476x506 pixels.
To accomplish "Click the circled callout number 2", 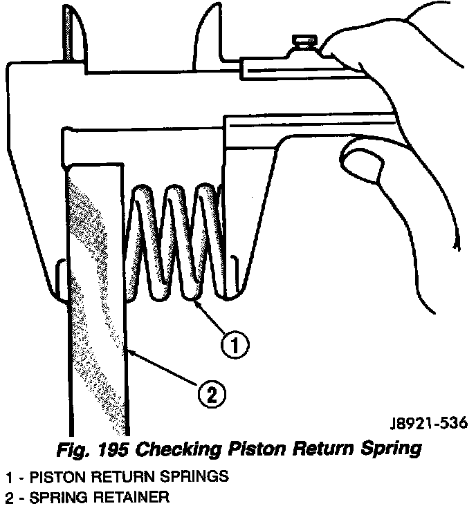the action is (211, 395).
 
